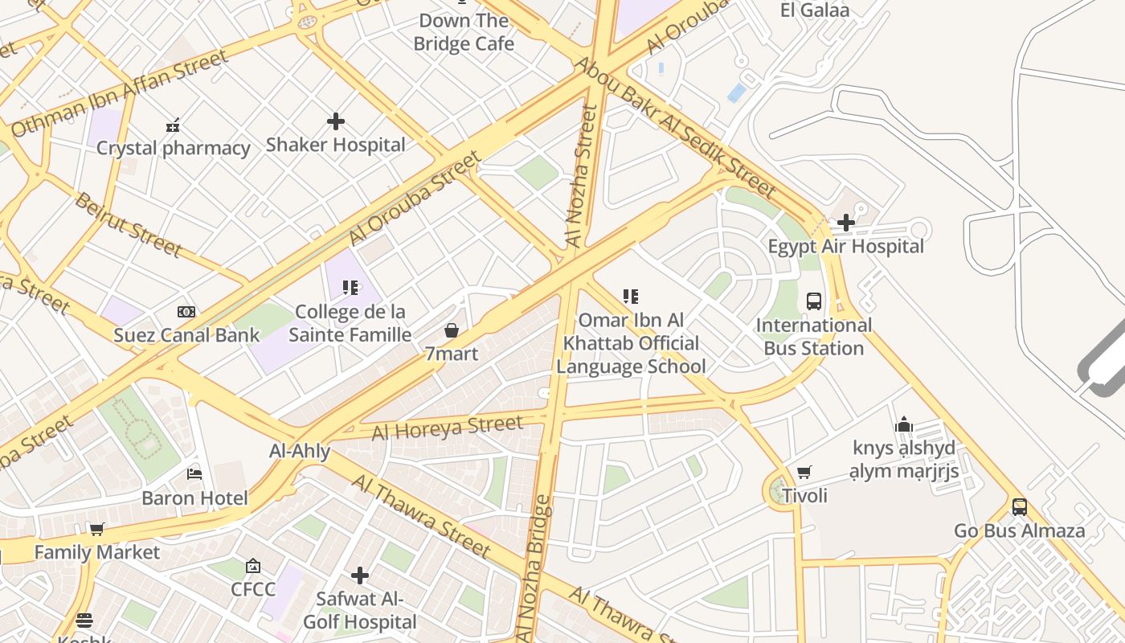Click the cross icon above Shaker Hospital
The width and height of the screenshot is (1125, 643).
click(x=336, y=121)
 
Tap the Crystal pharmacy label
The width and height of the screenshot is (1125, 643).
click(x=174, y=148)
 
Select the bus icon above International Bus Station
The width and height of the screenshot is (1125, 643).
click(x=813, y=301)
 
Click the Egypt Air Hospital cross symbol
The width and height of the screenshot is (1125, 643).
click(x=845, y=223)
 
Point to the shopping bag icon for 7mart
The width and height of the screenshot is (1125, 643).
click(x=452, y=330)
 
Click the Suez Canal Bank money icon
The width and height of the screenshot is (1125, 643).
click(x=186, y=312)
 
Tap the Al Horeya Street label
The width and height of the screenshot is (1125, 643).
click(x=448, y=427)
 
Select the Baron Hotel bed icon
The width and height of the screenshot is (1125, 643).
click(x=194, y=474)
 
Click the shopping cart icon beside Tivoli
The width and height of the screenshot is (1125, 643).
click(x=804, y=472)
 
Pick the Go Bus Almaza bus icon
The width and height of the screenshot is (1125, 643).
click(x=1019, y=507)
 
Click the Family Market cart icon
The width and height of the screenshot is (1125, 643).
click(x=96, y=529)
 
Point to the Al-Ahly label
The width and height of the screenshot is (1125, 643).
click(x=300, y=451)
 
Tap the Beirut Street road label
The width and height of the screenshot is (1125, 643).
click(x=128, y=223)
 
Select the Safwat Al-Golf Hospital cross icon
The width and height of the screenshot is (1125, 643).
click(x=360, y=575)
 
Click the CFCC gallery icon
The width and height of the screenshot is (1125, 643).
click(x=253, y=566)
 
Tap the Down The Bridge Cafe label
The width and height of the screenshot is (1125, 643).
click(x=464, y=32)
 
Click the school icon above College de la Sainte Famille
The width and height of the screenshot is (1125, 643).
click(x=350, y=288)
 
